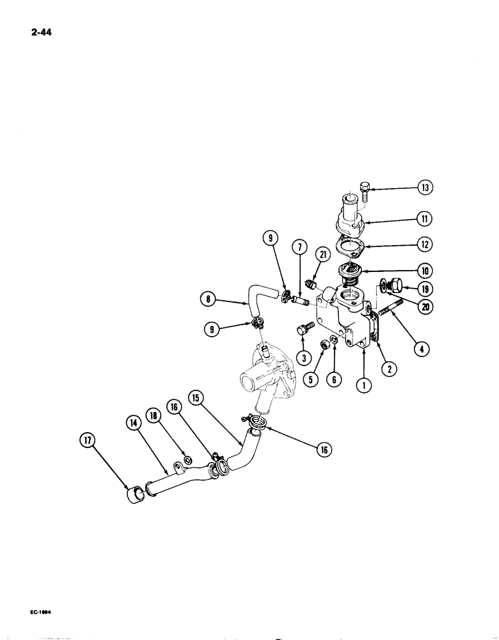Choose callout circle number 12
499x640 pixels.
click(425, 244)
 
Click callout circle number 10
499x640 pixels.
click(425, 270)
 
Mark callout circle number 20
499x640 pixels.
click(425, 307)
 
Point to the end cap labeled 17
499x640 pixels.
click(136, 496)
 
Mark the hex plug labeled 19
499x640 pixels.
click(395, 284)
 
